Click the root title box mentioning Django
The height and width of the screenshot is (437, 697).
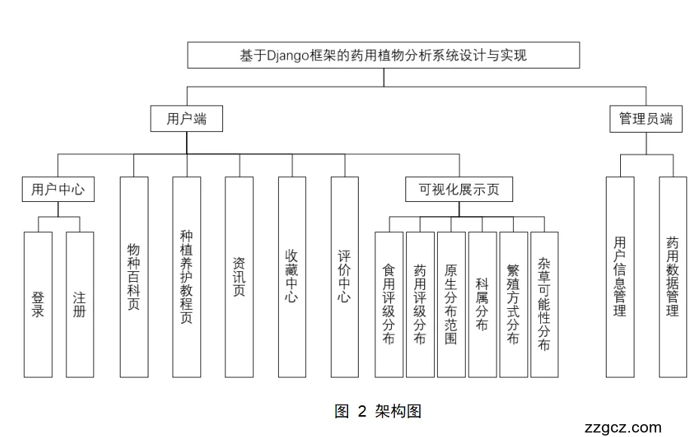coord(383,56)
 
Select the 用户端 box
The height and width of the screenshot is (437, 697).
coord(185,119)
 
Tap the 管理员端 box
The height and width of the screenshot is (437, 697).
coord(646,119)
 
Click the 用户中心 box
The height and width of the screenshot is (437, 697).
coord(58,190)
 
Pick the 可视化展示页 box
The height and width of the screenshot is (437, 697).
coord(459,190)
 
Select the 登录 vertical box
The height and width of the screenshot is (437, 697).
coord(38,304)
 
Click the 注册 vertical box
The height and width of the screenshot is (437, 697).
coord(80,304)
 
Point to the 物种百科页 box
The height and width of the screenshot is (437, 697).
coord(133,277)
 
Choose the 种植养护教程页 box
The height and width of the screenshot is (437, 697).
coord(186,277)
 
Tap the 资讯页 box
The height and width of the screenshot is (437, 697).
coord(239,277)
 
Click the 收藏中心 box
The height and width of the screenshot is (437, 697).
coord(292,277)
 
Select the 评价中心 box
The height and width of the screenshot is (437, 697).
coord(344,277)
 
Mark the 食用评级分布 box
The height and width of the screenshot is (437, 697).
coord(389,304)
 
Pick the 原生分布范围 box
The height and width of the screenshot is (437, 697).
coord(451,304)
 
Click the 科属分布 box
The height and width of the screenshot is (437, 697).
coord(482,304)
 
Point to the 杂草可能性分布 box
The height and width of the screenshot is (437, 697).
coord(544,304)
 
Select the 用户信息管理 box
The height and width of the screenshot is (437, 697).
coord(620,277)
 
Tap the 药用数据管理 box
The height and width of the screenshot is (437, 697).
coord(673,277)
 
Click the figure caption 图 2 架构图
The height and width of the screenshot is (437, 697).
coord(378,411)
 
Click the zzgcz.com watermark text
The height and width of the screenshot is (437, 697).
coord(622,427)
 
